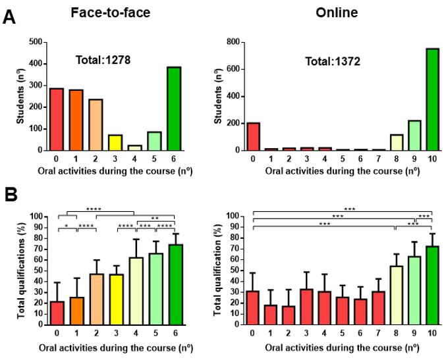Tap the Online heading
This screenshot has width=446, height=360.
pyautogui.click(x=337, y=13)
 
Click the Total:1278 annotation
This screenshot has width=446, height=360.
pyautogui.click(x=103, y=60)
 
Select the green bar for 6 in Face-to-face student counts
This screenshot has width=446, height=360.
pyautogui.click(x=174, y=109)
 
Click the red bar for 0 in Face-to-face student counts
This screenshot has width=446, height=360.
pyautogui.click(x=57, y=119)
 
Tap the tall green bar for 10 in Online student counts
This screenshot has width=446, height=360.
pyautogui.click(x=433, y=99)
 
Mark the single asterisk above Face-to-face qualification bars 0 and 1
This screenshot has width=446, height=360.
pyautogui.click(x=67, y=226)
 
